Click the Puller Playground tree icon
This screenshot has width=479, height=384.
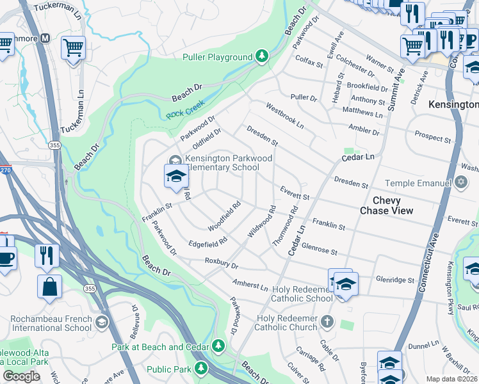(262, 57)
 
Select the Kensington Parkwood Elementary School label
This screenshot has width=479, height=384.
(222, 163)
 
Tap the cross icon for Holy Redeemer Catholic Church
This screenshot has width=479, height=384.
(327, 320)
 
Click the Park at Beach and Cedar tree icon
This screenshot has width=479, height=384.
(218, 346)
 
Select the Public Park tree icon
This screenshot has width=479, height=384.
(201, 369)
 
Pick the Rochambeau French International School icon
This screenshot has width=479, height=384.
(101, 322)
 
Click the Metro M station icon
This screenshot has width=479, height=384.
(45, 38)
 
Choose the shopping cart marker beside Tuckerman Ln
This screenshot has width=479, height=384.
(73, 47)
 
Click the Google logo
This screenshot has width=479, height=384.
(21, 376)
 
